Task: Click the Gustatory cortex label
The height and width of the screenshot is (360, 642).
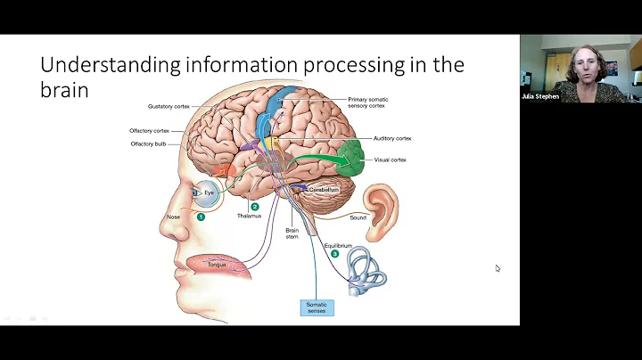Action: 167,106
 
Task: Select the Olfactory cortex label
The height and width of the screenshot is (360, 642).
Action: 149,130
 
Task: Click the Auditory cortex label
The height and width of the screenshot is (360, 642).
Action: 391,138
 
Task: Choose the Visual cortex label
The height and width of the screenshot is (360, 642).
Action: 391,160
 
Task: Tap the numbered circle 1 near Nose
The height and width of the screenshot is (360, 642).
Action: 202,217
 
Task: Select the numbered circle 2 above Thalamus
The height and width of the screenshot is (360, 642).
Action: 254,206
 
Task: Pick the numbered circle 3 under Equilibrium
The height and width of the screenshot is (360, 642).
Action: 334,254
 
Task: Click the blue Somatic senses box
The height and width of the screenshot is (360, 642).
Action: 317,308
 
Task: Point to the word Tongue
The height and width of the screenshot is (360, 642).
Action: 218,264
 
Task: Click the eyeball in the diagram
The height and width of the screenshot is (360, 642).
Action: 209,192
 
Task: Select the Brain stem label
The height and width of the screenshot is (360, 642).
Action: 292,233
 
